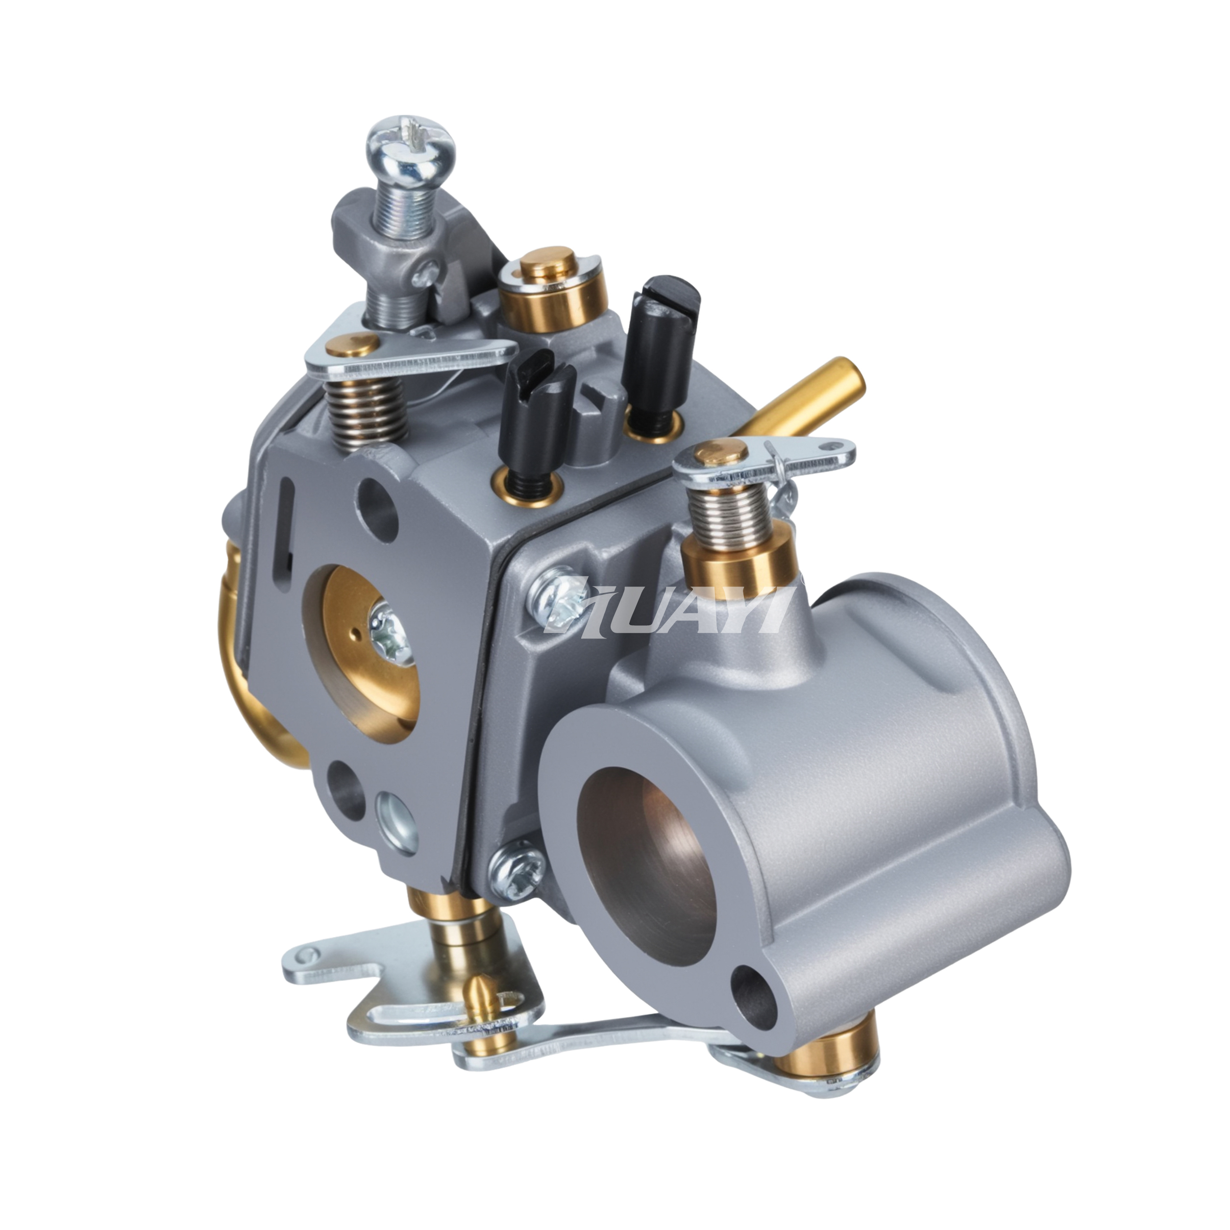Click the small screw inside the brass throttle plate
point(388,630)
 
